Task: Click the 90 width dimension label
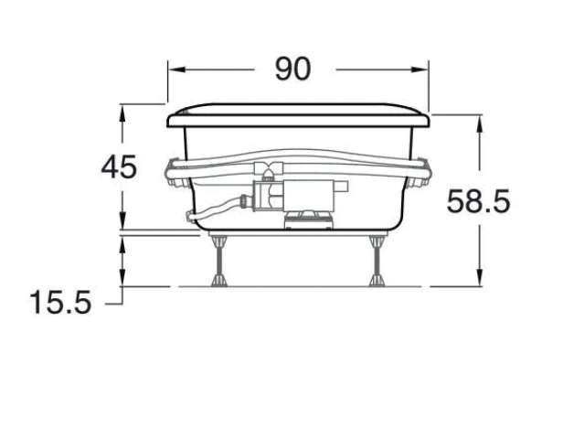[292, 69]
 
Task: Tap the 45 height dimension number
[119, 167]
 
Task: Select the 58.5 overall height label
[478, 201]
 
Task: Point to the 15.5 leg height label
[60, 303]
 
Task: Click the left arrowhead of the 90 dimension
[176, 70]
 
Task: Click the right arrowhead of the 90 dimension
[420, 70]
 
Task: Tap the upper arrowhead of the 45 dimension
[122, 114]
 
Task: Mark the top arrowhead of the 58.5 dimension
[480, 124]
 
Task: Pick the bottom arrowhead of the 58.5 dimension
[480, 277]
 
